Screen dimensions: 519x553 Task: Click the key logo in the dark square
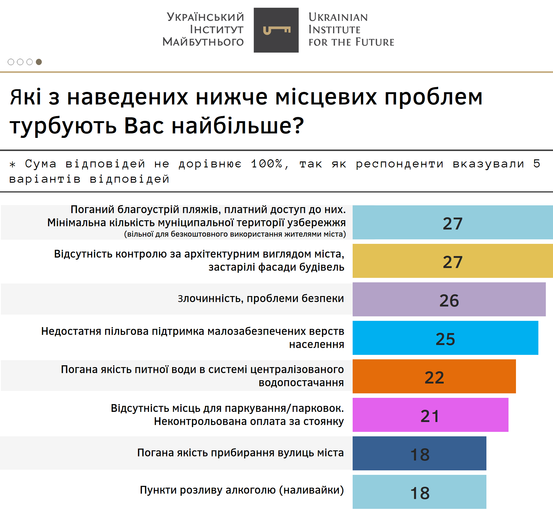click(276, 30)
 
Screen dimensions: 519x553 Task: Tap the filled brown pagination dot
click(39, 62)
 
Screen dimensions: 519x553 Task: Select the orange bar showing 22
click(434, 376)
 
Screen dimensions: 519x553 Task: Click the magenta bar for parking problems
click(430, 415)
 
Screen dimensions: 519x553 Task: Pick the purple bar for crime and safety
click(449, 299)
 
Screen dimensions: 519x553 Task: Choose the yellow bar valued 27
click(452, 261)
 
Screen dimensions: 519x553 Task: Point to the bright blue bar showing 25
click(445, 338)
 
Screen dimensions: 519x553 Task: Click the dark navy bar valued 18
click(419, 453)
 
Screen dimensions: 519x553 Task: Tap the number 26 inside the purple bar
click(449, 301)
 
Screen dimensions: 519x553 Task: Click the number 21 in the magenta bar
click(430, 416)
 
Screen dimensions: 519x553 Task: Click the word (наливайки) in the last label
click(311, 490)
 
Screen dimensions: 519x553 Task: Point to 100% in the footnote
click(266, 164)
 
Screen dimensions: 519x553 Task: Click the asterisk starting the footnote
click(13, 164)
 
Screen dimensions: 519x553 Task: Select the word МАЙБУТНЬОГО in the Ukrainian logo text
click(203, 42)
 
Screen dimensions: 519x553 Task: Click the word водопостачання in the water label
click(301, 383)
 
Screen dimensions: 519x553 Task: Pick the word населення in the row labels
click(317, 344)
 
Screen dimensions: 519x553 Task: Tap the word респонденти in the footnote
click(399, 164)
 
